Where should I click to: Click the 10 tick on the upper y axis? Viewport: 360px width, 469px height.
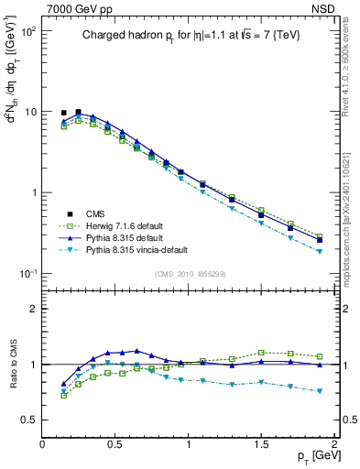31,112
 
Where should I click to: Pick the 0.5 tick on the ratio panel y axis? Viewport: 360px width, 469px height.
30,420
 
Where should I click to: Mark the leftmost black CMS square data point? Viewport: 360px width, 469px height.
63,113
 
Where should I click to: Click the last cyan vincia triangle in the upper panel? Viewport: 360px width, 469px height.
320,251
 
